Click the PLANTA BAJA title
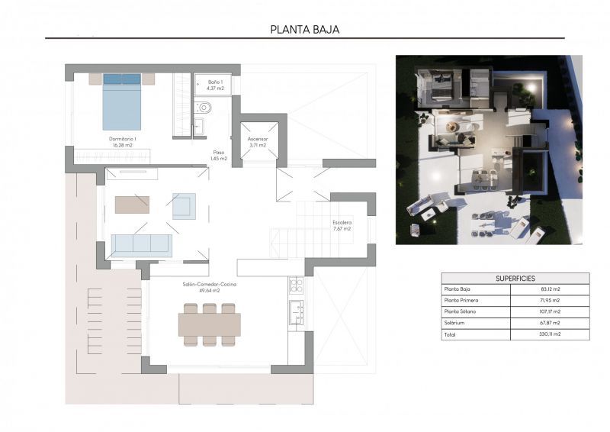click(x=304, y=30)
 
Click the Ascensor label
click(x=257, y=142)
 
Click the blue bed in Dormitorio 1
click(x=122, y=102)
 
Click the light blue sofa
click(x=142, y=244)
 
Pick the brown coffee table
click(x=132, y=205)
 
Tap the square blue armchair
click(x=184, y=205)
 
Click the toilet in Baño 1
click(x=206, y=108)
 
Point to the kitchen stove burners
click(x=296, y=285)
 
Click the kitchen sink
click(x=296, y=311)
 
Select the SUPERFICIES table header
click(x=515, y=279)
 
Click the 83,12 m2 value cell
click(x=550, y=289)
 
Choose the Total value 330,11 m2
click(x=550, y=334)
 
